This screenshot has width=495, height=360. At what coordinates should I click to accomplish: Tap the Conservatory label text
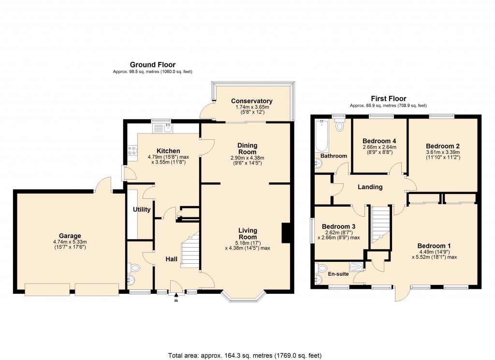coord(251,101)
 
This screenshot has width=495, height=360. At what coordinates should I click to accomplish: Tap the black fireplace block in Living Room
coord(286,232)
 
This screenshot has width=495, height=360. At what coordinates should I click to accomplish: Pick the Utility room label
coord(142,210)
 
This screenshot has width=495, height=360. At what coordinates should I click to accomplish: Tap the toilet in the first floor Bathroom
coord(340,126)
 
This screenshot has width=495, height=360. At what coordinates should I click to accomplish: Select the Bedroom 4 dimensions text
coord(379,150)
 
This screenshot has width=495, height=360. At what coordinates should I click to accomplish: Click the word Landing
coord(370,187)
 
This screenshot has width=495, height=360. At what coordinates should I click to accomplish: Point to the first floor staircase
coord(381,225)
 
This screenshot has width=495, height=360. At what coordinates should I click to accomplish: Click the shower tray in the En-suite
coord(356,266)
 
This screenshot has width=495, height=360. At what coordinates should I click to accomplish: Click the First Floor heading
coord(388,99)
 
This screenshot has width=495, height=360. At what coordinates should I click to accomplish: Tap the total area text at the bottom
coord(245,356)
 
